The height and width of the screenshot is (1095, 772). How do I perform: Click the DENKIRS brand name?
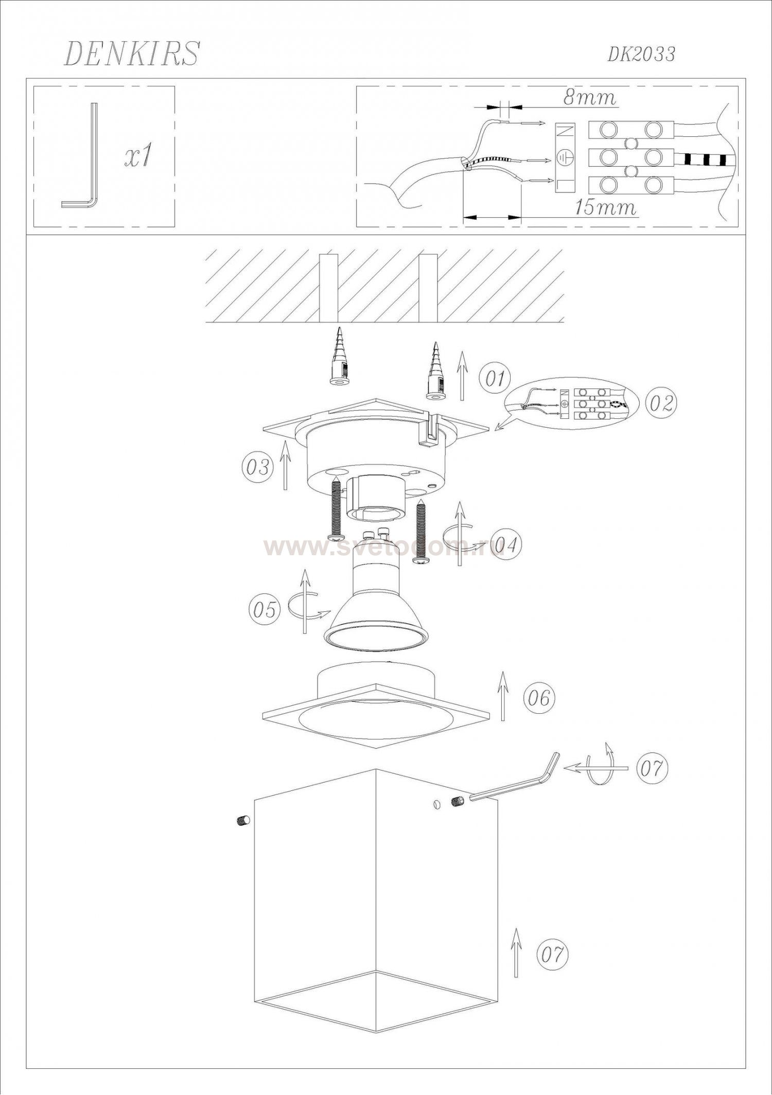[x=132, y=53]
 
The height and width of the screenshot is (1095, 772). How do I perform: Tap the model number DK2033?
[x=641, y=54]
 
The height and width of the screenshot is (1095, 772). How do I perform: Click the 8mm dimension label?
[x=590, y=98]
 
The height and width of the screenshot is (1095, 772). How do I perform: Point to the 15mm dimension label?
[x=605, y=207]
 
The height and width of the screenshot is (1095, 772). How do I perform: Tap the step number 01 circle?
[x=495, y=379]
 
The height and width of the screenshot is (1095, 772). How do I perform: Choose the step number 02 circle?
[x=661, y=402]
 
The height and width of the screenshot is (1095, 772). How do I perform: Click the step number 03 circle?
[x=257, y=467]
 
